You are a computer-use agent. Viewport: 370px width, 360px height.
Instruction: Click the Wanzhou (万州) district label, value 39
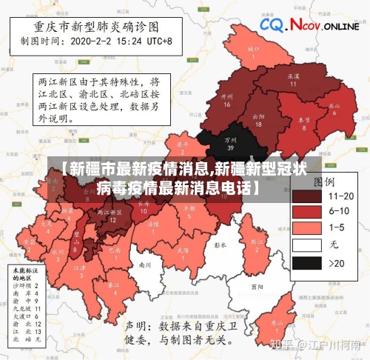point(231,141)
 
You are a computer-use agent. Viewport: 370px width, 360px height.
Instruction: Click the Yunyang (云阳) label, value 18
point(258,119)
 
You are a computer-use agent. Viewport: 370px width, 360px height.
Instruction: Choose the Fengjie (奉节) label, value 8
point(303,122)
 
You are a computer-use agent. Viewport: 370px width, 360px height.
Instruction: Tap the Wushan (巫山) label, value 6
point(334,108)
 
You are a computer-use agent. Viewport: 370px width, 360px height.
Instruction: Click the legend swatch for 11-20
point(306,196)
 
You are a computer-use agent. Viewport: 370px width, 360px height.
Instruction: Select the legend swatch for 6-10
point(306,212)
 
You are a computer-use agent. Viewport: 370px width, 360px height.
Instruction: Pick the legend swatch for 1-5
point(306,228)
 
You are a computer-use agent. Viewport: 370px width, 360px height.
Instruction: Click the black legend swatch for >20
point(306,261)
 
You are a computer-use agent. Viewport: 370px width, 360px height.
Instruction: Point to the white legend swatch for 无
point(306,245)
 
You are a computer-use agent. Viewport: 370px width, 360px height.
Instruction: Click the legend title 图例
point(326,181)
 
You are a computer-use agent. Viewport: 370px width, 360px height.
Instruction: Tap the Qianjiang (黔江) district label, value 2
point(257,244)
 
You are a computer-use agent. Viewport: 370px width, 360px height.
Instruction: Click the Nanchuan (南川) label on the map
point(145,264)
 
